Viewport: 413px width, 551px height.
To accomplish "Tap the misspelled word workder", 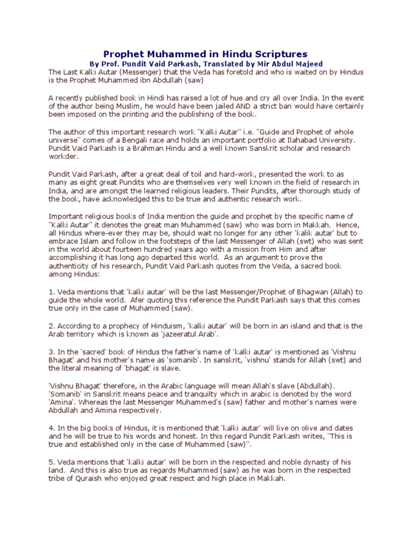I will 63,157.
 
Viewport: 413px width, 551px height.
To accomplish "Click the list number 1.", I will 51,292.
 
